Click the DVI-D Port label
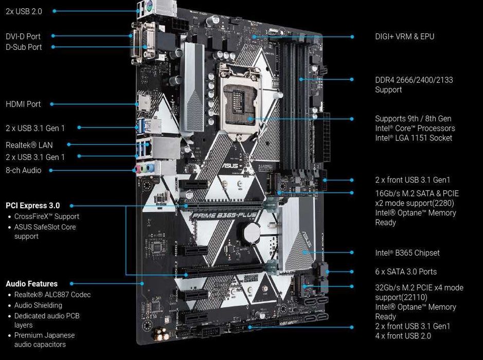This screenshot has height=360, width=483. tap(23, 37)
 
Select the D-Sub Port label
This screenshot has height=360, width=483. tap(24, 47)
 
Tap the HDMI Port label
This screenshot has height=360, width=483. tap(23, 104)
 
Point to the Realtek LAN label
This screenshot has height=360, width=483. tap(29, 146)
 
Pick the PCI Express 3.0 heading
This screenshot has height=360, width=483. tap(32, 206)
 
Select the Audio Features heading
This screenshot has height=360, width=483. tap(31, 284)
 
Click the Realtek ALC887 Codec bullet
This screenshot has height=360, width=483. tap(52, 295)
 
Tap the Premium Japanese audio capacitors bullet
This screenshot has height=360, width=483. tap(44, 340)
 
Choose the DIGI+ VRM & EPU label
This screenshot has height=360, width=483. tap(404, 37)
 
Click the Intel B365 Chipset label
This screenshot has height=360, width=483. tap(407, 253)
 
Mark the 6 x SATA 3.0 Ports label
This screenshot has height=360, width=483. tap(405, 272)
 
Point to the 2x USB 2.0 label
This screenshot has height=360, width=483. tap(24, 11)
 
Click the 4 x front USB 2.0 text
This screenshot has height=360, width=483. tap(403, 336)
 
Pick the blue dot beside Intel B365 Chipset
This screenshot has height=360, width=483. tap(352, 253)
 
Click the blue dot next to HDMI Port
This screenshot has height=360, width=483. tap(52, 104)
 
